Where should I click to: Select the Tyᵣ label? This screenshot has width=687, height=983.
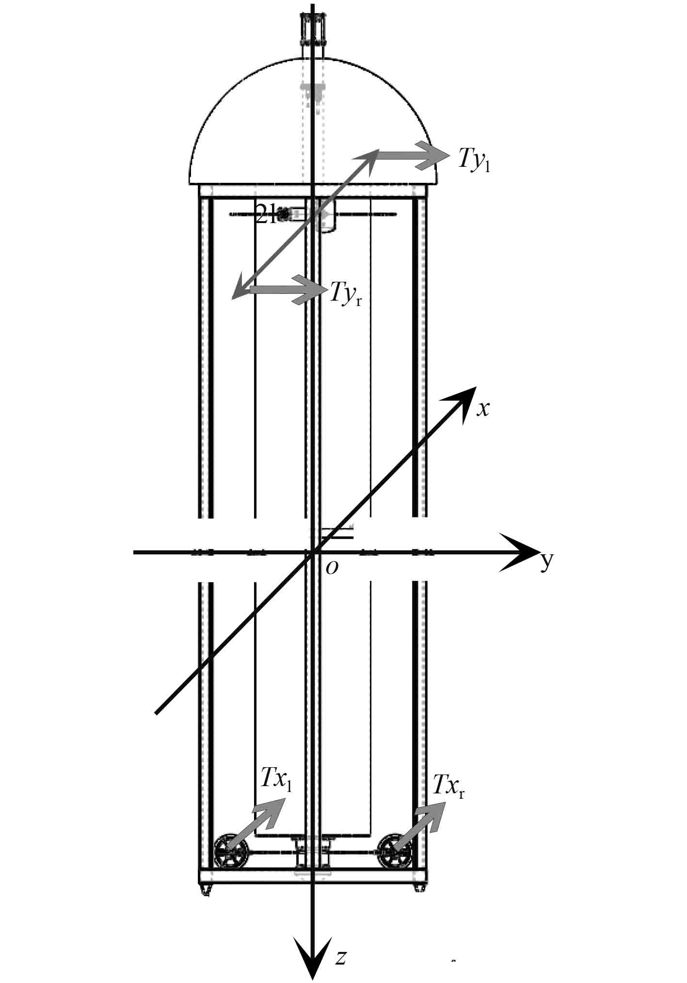click(345, 293)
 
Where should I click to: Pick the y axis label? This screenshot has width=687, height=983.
click(547, 561)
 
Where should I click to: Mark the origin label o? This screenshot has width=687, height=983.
click(332, 567)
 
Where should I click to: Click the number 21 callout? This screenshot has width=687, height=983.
click(266, 214)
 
